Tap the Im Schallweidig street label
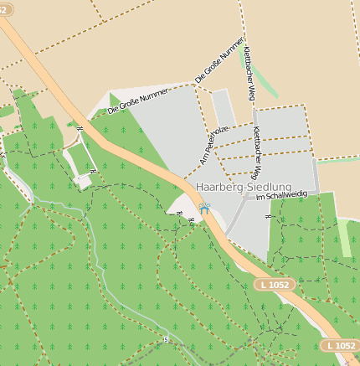click(x=281, y=195)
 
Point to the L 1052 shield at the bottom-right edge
click(x=340, y=345)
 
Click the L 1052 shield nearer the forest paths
click(x=273, y=286)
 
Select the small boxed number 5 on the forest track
click(x=166, y=339)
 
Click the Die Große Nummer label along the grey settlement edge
click(x=138, y=100)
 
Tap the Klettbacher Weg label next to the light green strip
click(x=248, y=74)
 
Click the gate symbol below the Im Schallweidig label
click(x=267, y=218)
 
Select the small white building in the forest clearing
click(x=83, y=179)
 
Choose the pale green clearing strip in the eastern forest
click(x=344, y=238)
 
